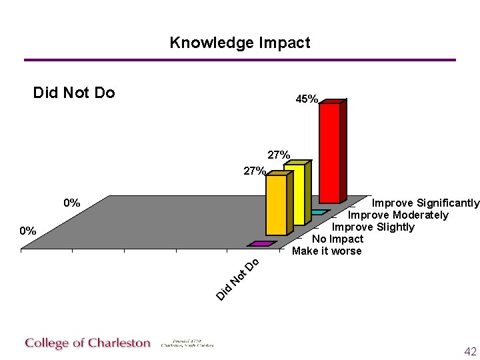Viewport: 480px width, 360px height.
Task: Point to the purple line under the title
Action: pos(240,60)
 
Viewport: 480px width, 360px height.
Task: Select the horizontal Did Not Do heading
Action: pos(74,93)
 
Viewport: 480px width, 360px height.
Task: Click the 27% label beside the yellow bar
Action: pos(279,155)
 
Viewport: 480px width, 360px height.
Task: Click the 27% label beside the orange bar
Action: pos(254,171)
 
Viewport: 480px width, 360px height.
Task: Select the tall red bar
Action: pos(329,152)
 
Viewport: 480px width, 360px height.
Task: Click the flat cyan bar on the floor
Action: pos(319,212)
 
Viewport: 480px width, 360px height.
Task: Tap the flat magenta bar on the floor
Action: pos(261,244)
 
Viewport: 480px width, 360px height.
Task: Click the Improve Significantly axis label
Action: pos(425,203)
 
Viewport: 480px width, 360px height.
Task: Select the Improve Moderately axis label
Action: pos(398,215)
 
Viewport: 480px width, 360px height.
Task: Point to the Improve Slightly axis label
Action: pos(373,227)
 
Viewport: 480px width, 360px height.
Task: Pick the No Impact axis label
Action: pos(337,239)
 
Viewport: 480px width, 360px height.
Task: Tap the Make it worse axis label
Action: pos(327,251)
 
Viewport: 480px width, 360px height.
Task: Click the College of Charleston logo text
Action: pos(88,343)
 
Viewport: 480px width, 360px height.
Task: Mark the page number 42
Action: pos(470,351)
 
